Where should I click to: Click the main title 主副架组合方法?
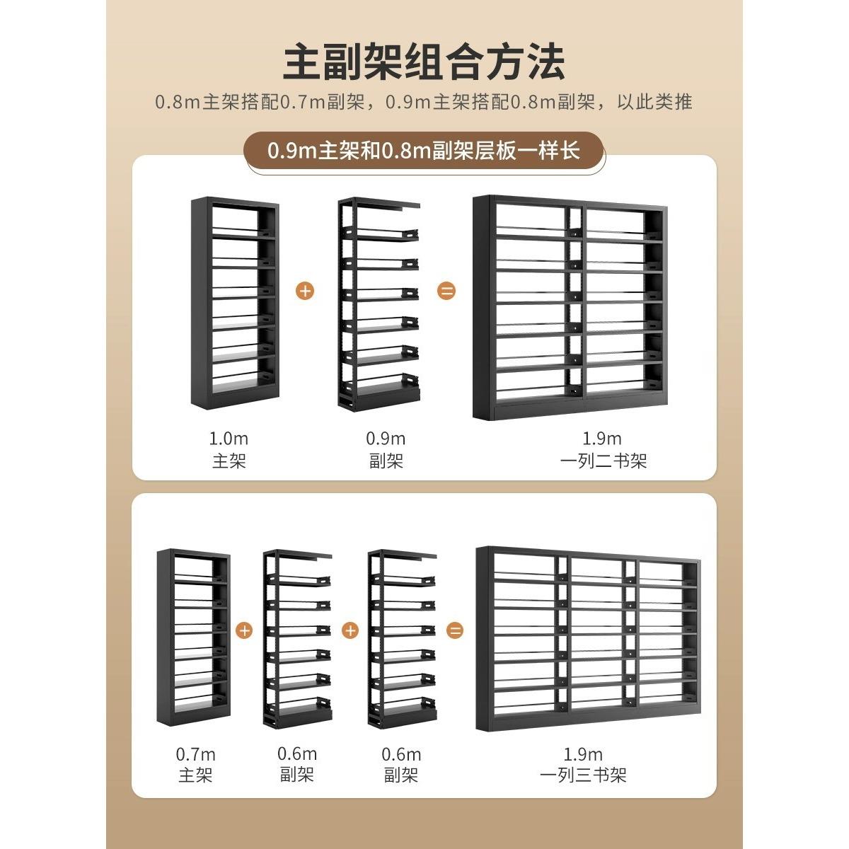(x=424, y=62)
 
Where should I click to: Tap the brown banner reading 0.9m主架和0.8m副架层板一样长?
(x=424, y=151)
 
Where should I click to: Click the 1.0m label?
(x=229, y=439)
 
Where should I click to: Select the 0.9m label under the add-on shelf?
(x=386, y=439)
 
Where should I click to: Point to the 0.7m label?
(x=195, y=754)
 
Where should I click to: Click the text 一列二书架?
(x=603, y=461)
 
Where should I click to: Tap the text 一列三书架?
(x=583, y=775)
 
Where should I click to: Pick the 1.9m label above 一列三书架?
(x=583, y=754)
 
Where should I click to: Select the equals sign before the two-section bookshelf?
(x=446, y=291)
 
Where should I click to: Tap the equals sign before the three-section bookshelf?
(x=456, y=630)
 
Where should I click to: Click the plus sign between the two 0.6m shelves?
(x=350, y=630)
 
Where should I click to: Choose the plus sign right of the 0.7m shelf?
(x=244, y=630)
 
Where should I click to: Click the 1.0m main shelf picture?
(x=233, y=304)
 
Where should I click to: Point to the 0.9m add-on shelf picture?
(x=379, y=304)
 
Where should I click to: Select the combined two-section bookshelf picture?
(x=570, y=308)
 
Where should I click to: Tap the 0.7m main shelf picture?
(x=193, y=637)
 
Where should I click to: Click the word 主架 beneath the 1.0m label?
(x=229, y=461)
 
